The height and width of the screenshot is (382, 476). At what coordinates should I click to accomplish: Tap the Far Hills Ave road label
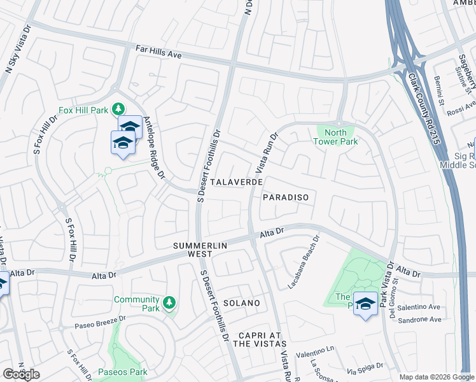(158, 52)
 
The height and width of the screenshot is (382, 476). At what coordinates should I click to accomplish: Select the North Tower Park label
(332, 137)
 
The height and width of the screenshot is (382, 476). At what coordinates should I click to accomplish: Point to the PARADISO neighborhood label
(286, 197)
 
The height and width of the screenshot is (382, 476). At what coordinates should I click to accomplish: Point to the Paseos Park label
(123, 372)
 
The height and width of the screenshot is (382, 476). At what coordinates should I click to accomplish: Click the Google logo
(21, 374)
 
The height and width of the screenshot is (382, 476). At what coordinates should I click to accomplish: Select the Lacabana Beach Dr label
(302, 262)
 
